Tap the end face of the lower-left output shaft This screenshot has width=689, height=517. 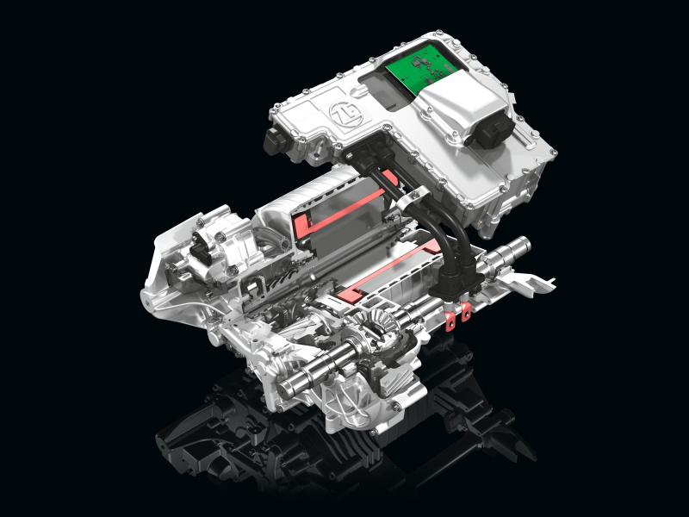[x=284, y=387]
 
